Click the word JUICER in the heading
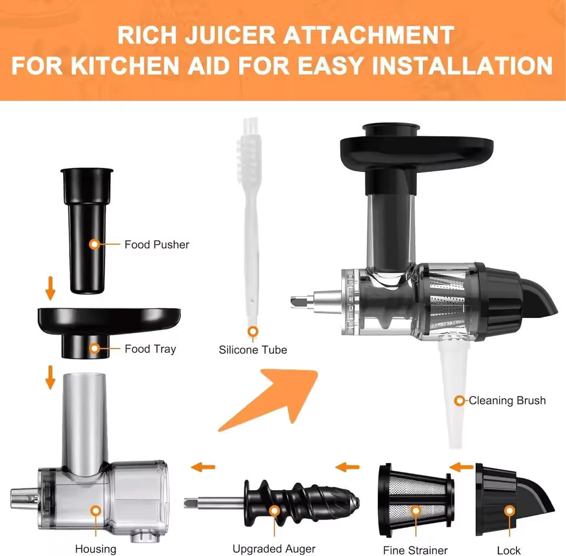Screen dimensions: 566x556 pyautogui.click(x=230, y=35)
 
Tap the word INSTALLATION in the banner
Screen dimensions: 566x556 pyautogui.click(x=462, y=65)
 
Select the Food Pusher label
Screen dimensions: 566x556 pyautogui.click(x=157, y=244)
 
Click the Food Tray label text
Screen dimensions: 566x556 pyautogui.click(x=150, y=349)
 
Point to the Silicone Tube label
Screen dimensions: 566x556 pyautogui.click(x=253, y=350)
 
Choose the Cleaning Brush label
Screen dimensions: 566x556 pyautogui.click(x=507, y=401)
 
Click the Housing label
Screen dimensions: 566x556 pyautogui.click(x=96, y=549)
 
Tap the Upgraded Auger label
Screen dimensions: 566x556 pyautogui.click(x=274, y=549)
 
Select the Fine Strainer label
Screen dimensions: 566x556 pyautogui.click(x=415, y=550)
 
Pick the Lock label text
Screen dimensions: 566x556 pyautogui.click(x=509, y=550)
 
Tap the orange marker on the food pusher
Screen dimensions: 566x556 pyautogui.click(x=94, y=244)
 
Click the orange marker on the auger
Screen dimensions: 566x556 pyautogui.click(x=275, y=511)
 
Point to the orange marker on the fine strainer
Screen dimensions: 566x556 pyautogui.click(x=416, y=511)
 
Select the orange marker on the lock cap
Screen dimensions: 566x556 pyautogui.click(x=509, y=511)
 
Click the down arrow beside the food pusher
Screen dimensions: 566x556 pyautogui.click(x=50, y=288)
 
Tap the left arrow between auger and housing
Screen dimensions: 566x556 pyautogui.click(x=203, y=467)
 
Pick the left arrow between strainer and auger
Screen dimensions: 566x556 pyautogui.click(x=347, y=467)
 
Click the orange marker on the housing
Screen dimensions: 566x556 pyautogui.click(x=96, y=511)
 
